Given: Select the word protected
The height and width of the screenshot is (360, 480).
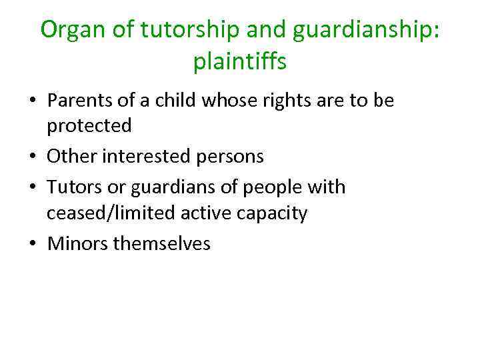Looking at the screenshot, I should [x=89, y=125].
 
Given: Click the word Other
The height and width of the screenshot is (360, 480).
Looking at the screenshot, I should [x=72, y=157].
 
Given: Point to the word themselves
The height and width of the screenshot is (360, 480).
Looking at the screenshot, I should [x=162, y=243].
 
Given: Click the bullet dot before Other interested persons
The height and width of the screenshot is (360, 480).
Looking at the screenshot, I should [x=33, y=157].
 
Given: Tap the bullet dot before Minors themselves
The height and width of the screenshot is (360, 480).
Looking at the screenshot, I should [x=33, y=244].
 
